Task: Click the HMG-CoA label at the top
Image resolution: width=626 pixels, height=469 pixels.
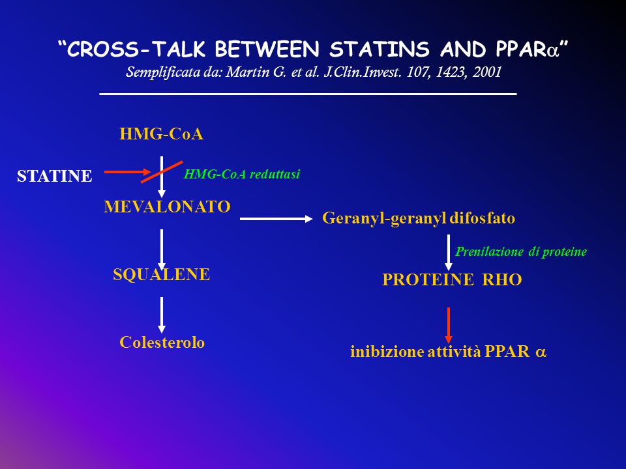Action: click(161, 134)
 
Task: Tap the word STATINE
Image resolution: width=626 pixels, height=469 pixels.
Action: click(55, 176)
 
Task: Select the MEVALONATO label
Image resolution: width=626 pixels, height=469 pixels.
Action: click(168, 206)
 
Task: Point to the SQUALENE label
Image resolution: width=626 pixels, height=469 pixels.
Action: click(161, 274)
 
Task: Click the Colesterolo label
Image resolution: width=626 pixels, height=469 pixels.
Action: click(162, 342)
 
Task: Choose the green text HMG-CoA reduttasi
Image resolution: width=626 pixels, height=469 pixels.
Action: click(241, 175)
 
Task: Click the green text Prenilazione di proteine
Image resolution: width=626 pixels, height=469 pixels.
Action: click(521, 251)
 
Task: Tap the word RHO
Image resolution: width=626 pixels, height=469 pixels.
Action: click(502, 279)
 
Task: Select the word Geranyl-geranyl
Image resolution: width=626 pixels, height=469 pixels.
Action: click(383, 219)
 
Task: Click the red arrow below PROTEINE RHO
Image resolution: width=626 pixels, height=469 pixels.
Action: click(449, 326)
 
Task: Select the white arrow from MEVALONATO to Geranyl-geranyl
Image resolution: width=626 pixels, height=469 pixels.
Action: click(276, 219)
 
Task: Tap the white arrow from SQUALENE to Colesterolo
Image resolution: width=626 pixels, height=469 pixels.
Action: click(161, 315)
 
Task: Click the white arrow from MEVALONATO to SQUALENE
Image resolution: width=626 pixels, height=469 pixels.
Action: click(161, 250)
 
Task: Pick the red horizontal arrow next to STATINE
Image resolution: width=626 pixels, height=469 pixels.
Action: click(128, 172)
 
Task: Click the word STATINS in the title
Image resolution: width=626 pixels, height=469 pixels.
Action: click(380, 50)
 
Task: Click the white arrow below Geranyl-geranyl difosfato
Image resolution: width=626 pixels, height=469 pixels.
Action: click(449, 253)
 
